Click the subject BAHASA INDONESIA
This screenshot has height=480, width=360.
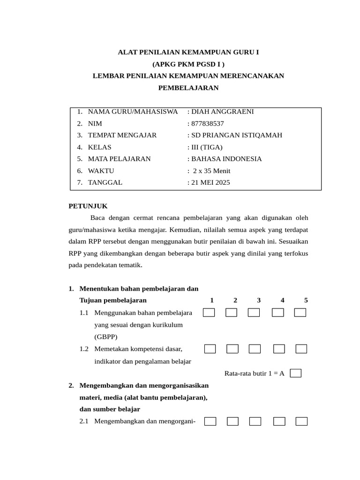[x=226, y=159]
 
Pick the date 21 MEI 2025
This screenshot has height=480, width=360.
[x=210, y=183]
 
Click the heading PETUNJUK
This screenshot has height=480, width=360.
[x=88, y=206]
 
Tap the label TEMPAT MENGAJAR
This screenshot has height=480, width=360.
[x=122, y=135]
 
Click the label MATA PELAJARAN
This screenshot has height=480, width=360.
[x=120, y=159]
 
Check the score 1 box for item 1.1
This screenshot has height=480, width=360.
[x=209, y=313]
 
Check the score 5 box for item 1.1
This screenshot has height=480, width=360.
[x=300, y=313]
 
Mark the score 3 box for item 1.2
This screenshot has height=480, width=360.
[x=255, y=349]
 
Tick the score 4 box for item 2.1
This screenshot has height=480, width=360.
[x=279, y=421]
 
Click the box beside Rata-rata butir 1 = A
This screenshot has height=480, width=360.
[x=295, y=373]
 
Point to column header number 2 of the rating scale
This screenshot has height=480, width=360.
[x=235, y=300]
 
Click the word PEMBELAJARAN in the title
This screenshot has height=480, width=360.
[x=188, y=88]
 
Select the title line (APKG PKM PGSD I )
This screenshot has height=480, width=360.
[x=188, y=64]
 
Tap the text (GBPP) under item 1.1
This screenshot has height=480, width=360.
[x=106, y=337]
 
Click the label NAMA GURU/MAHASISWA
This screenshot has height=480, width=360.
[x=133, y=112]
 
